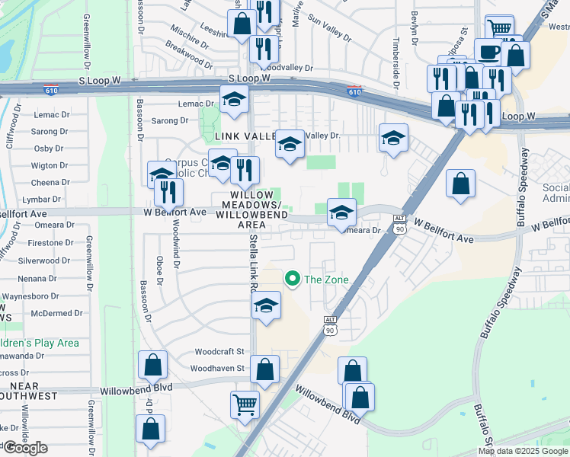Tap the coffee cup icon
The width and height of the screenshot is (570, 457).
pos(488,51)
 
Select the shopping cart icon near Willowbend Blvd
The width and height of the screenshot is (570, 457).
pos(245,404)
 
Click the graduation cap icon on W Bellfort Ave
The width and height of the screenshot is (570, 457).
pos(341,212)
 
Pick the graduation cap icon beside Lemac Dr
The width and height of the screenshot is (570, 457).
pos(235,99)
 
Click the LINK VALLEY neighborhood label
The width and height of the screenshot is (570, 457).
pos(244,136)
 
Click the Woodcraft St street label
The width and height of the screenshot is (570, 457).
pos(219,352)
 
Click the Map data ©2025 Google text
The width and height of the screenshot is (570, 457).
pos(523,451)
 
